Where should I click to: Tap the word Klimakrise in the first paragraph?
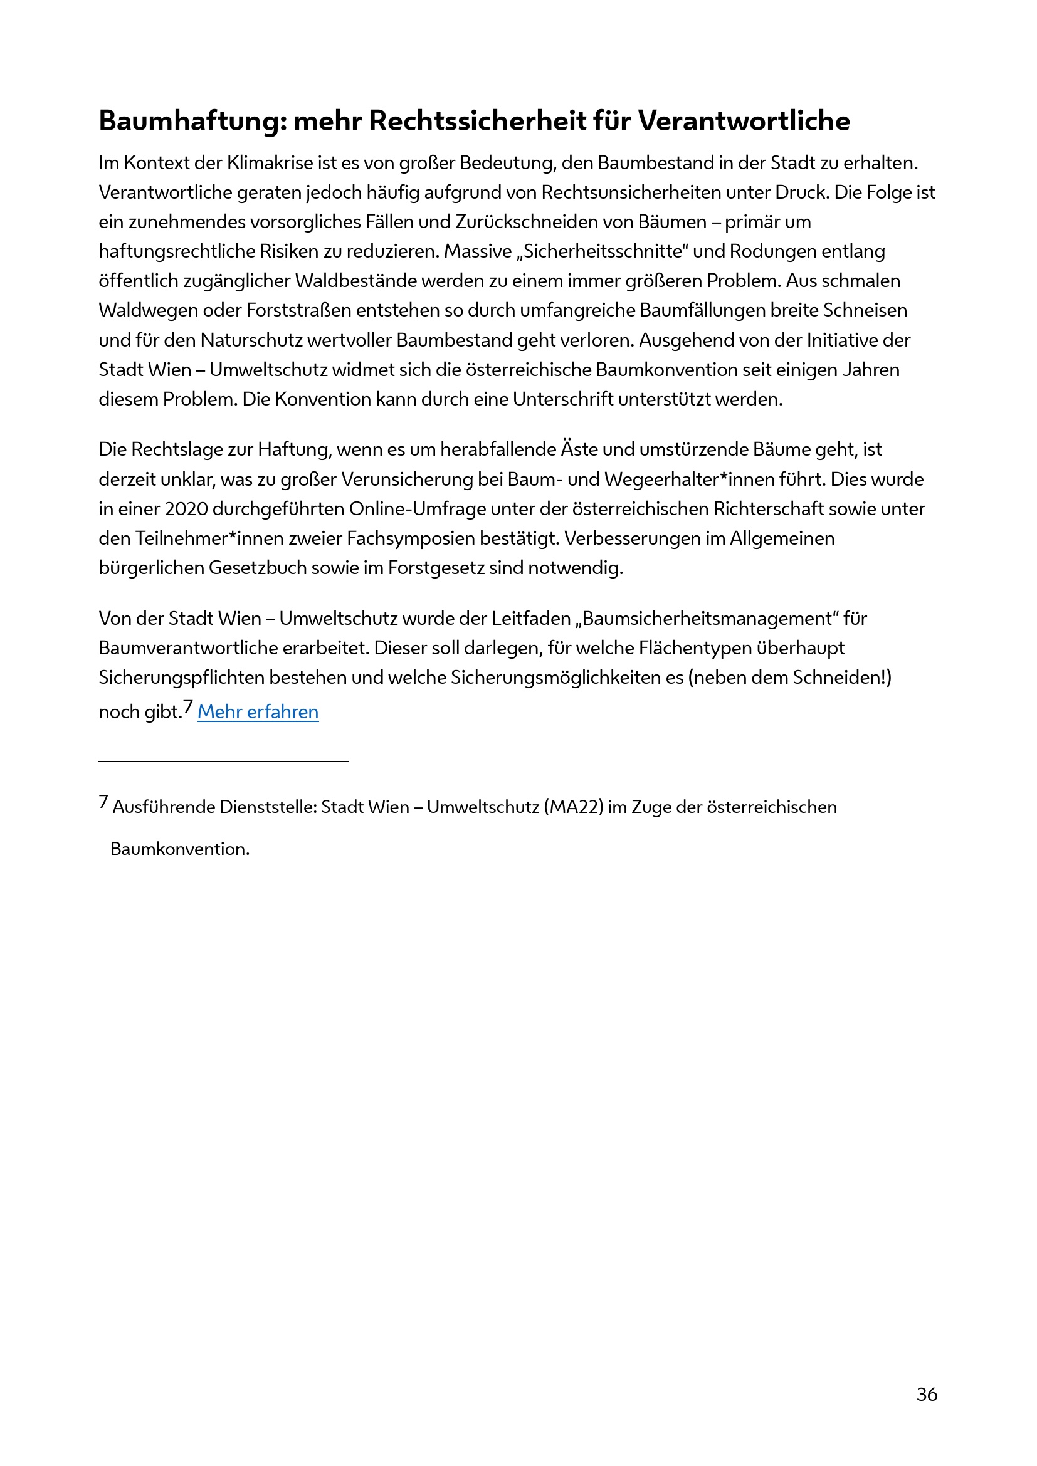point(269,164)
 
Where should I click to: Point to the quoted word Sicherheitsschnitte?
point(603,251)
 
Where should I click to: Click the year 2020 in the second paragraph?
point(186,509)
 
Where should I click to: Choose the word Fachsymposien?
point(411,538)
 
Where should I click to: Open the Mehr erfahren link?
point(258,712)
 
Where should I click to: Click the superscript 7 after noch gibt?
point(187,706)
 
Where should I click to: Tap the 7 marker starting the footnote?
point(103,802)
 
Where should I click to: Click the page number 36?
point(927,1394)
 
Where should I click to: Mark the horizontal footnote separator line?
point(223,761)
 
